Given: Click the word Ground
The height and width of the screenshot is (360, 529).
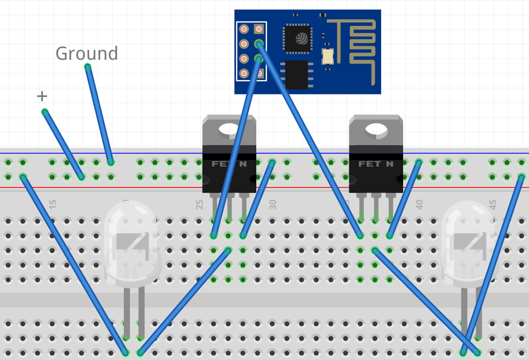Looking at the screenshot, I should click(87, 53).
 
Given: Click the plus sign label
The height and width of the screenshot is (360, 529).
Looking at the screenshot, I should click(42, 96).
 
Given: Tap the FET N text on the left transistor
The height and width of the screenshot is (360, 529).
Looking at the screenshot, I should click(229, 164).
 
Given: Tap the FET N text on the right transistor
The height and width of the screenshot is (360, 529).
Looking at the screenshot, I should click(376, 164).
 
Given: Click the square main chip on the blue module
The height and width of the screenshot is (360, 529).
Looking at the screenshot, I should click(298, 39).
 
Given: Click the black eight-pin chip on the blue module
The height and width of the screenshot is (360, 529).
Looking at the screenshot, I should click(297, 75).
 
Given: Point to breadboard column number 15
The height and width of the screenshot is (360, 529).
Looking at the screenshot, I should click(53, 204).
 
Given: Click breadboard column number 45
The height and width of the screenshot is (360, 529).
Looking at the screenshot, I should click(493, 204).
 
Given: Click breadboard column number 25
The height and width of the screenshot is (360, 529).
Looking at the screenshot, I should click(200, 204).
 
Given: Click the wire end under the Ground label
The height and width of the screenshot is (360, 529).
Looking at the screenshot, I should click(88, 67).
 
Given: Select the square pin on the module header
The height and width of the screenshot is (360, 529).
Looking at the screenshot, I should click(259, 29).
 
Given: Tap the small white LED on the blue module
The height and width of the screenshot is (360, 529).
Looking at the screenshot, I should click(327, 56).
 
